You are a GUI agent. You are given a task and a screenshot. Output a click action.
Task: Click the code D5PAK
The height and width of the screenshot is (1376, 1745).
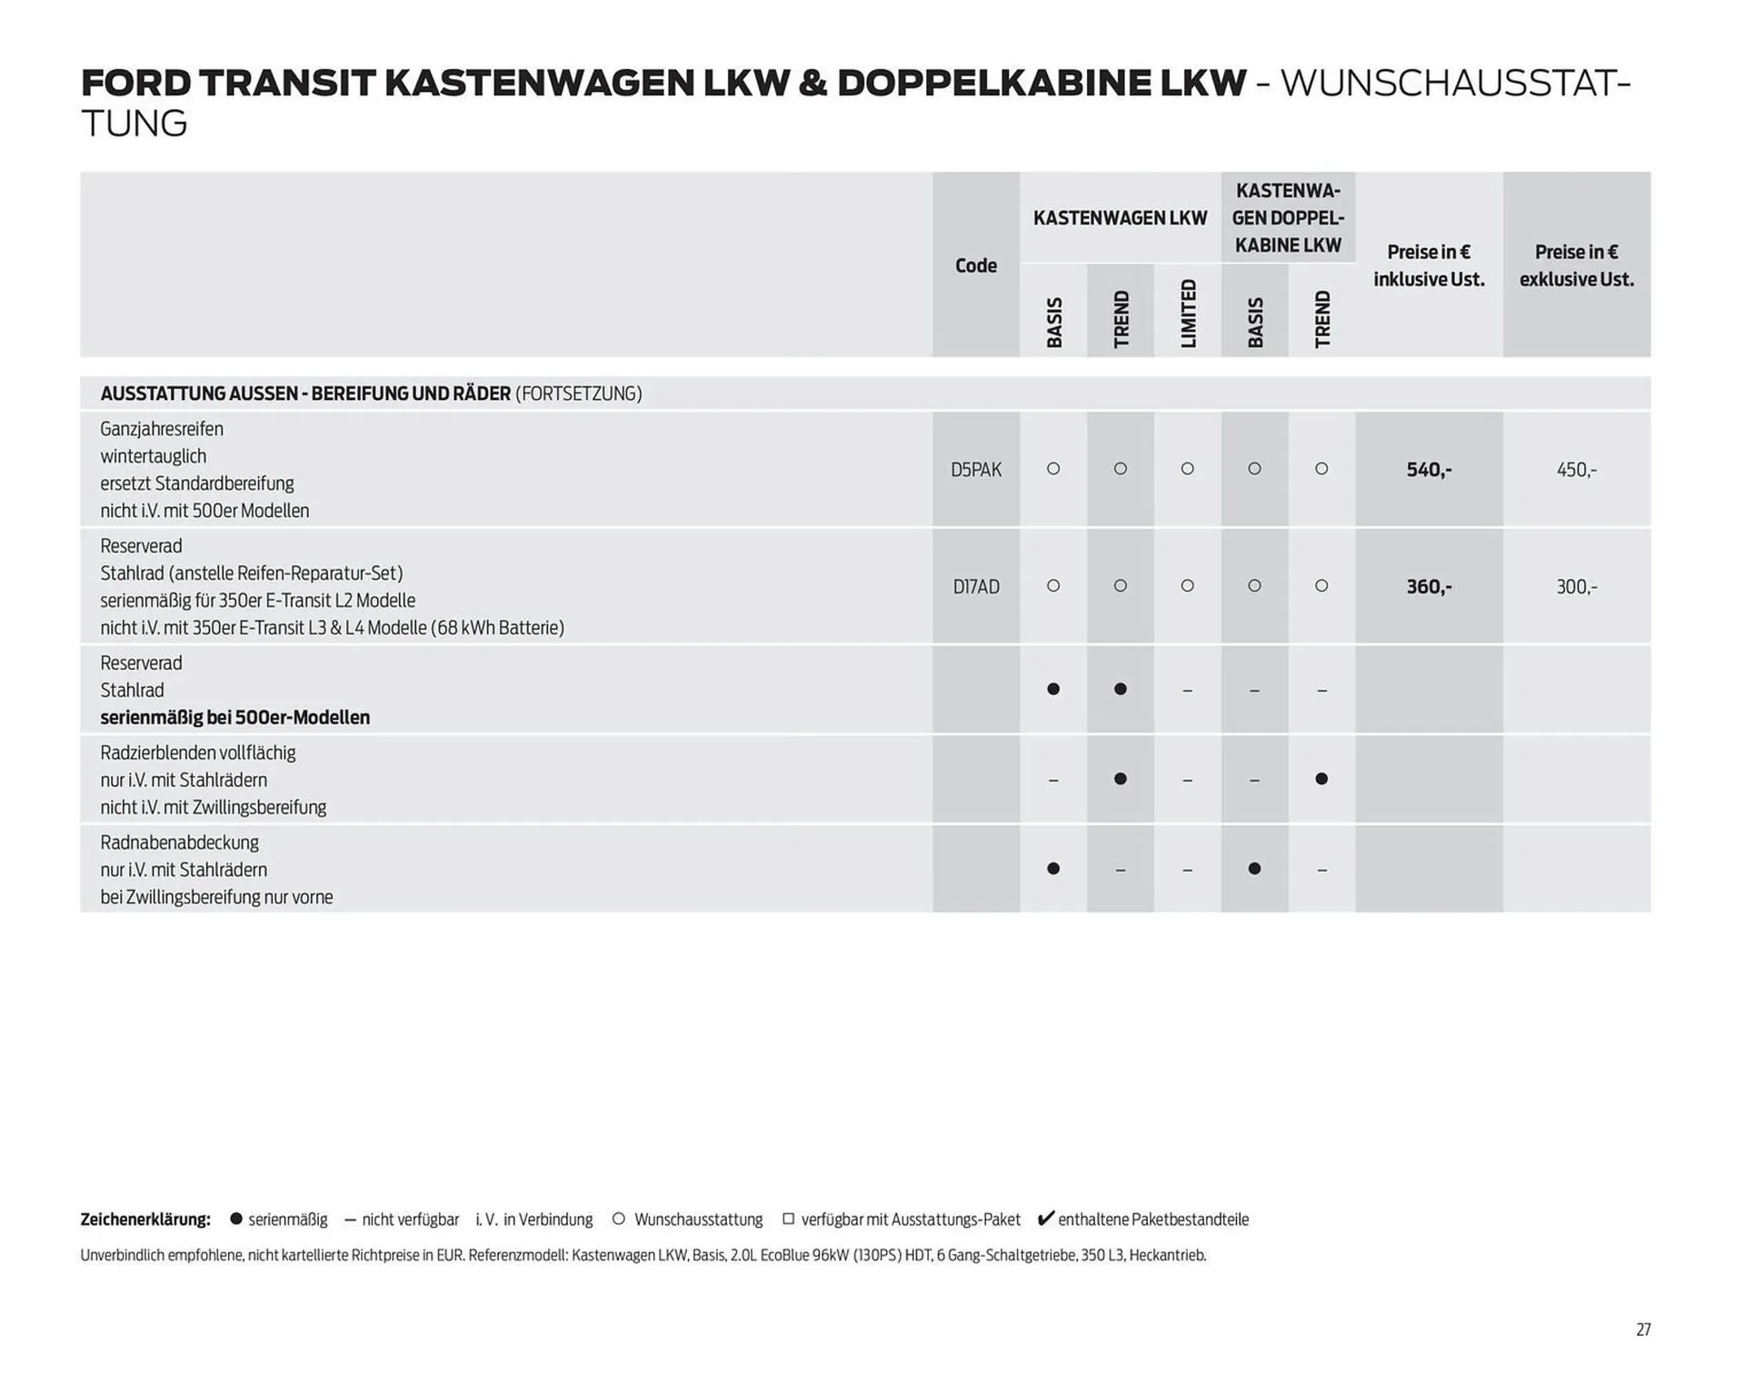pos(975,470)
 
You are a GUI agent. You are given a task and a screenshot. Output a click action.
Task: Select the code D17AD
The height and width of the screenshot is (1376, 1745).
pos(975,587)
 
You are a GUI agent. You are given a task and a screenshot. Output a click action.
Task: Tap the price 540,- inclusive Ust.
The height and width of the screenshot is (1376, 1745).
pos(1428,470)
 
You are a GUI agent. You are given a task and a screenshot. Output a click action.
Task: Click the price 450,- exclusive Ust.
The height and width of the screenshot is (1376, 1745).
pos(1576,470)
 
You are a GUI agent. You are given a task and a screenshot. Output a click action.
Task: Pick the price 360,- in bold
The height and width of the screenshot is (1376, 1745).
pos(1428,587)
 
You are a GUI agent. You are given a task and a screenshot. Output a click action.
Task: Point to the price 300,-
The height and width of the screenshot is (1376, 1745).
pos(1576,587)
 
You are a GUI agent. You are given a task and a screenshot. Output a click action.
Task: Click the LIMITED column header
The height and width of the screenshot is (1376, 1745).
pos(1188,314)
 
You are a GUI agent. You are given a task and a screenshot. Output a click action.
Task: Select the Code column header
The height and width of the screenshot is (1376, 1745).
pos(975,265)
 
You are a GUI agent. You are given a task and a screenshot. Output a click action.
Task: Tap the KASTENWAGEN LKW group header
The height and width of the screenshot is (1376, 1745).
pos(1120,218)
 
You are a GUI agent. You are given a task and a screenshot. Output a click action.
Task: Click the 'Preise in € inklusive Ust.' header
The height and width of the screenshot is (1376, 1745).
pos(1428,265)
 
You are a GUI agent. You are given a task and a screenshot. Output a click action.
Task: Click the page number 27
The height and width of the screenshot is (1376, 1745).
pos(1643,1330)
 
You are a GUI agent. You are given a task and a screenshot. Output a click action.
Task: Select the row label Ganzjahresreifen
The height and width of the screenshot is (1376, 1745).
pos(162,429)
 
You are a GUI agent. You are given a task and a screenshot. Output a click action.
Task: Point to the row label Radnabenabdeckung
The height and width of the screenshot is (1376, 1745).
pos(179,843)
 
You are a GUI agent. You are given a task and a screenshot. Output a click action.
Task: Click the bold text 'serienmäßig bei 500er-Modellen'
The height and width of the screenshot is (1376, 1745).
pos(234,717)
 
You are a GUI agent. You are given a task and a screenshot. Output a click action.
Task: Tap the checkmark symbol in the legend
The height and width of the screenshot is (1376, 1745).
pos(1045,1219)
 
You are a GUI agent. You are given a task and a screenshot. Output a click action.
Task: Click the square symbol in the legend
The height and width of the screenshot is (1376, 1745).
pos(788,1219)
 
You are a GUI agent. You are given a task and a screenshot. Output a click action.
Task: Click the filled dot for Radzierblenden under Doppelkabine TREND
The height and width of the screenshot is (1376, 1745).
pos(1321,779)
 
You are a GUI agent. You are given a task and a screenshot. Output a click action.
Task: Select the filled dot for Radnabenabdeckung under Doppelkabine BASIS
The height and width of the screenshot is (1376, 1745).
pos(1254,869)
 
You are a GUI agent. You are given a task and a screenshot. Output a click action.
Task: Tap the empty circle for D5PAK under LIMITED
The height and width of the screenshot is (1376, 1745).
pos(1187,469)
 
